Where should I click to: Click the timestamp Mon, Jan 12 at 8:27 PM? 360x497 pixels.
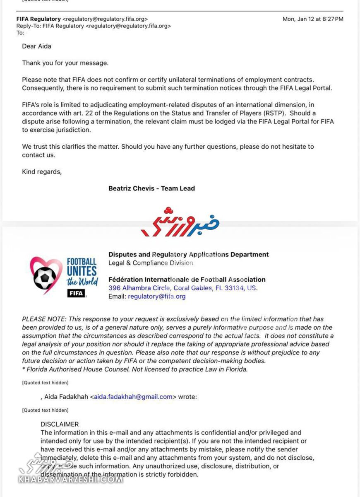pyautogui.click(x=313, y=19)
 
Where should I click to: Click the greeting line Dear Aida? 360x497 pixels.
pyautogui.click(x=36, y=46)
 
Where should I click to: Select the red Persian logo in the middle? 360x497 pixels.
pyautogui.click(x=180, y=222)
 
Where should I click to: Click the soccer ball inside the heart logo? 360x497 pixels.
pyautogui.click(x=45, y=278)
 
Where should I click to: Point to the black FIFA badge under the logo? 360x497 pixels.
pyautogui.click(x=76, y=293)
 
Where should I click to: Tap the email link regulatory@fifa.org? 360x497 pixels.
pyautogui.click(x=157, y=297)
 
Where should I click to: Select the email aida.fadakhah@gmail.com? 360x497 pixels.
pyautogui.click(x=133, y=397)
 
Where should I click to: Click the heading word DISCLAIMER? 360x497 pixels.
pyautogui.click(x=60, y=425)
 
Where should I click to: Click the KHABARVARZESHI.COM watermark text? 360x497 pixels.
pyautogui.click(x=70, y=480)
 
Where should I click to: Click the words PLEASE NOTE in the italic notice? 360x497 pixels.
pyautogui.click(x=44, y=319)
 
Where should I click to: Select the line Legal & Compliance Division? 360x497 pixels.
pyautogui.click(x=151, y=263)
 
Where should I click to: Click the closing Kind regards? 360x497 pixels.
pyautogui.click(x=41, y=172)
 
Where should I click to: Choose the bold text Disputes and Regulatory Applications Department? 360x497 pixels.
pyautogui.click(x=188, y=255)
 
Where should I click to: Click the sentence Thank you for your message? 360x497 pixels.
pyautogui.click(x=65, y=63)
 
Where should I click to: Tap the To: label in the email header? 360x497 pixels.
pyautogui.click(x=20, y=33)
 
